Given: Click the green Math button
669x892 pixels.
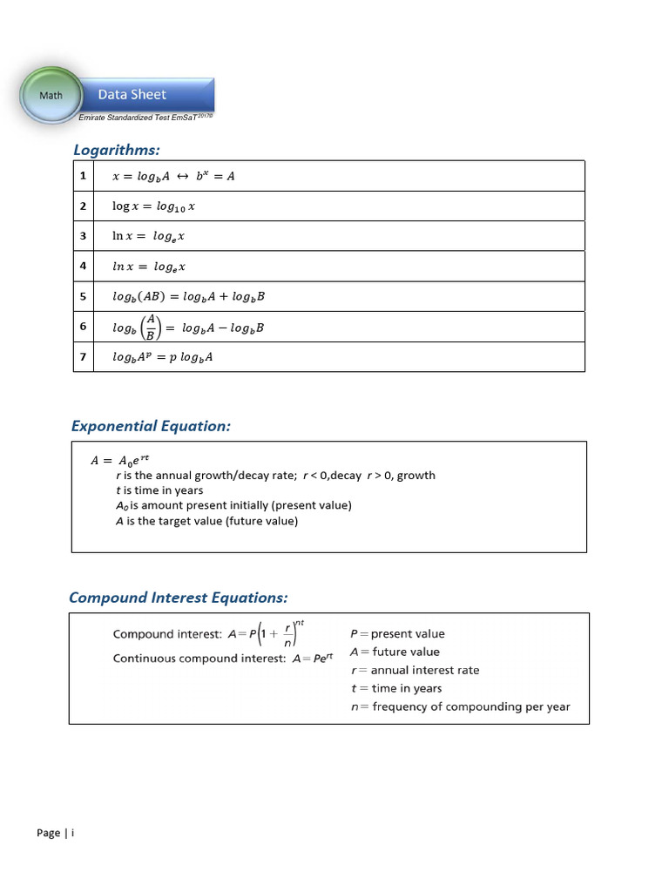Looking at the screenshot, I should click(x=51, y=95).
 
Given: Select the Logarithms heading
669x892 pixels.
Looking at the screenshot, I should click(x=117, y=151).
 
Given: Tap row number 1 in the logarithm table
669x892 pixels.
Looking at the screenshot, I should click(x=84, y=176).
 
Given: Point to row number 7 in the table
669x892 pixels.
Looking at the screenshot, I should click(x=84, y=356).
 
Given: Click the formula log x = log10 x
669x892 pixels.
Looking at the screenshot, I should click(x=154, y=206).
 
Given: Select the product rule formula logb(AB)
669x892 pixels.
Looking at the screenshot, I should click(x=188, y=296).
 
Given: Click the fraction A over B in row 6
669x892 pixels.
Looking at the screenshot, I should click(x=151, y=327).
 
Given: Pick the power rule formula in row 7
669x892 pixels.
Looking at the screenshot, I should click(x=163, y=357).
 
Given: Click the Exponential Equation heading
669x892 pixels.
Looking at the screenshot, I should click(x=151, y=426).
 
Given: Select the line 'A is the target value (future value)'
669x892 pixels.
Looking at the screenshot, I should click(x=206, y=521).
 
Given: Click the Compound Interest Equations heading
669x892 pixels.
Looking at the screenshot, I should click(x=178, y=598).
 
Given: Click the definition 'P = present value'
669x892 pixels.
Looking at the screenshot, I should click(x=397, y=634).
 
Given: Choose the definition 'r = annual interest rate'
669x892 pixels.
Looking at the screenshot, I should click(x=415, y=670).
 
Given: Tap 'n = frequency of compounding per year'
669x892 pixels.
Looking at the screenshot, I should click(x=460, y=706).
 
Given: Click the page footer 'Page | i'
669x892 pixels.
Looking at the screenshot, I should click(x=56, y=833).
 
